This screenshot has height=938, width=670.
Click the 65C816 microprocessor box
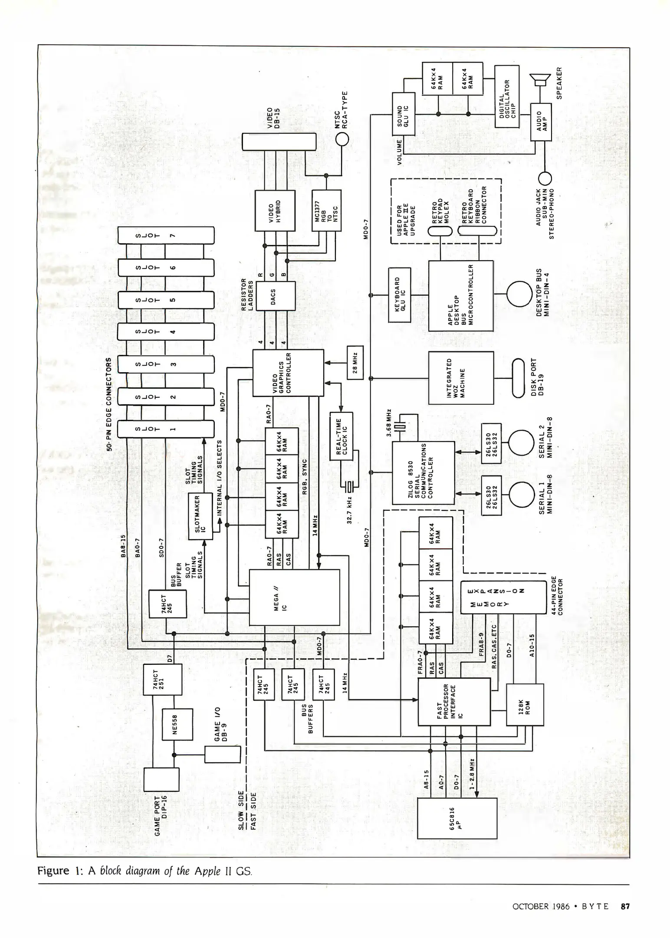457,818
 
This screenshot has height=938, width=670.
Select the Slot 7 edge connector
166,235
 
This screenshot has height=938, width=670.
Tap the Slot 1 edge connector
166,429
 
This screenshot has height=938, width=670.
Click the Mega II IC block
294,597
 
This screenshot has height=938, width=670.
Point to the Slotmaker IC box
200,516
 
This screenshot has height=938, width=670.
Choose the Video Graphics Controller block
288,373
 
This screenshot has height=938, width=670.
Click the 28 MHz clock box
355,362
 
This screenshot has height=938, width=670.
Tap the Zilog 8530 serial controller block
423,473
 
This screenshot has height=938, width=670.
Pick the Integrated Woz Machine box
461,377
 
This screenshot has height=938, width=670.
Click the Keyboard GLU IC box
399,295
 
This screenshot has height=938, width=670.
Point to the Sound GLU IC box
403,114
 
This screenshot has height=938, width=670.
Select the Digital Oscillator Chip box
507,96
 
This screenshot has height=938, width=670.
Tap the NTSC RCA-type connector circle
342,139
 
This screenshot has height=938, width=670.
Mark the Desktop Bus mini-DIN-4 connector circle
519,294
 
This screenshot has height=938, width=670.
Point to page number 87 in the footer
625,906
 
